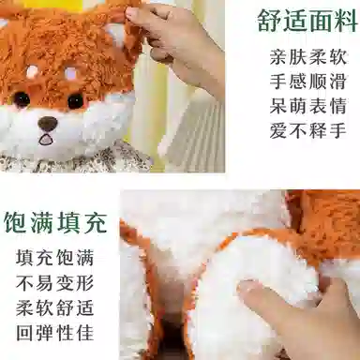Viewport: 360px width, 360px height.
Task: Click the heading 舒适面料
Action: tap(307, 20)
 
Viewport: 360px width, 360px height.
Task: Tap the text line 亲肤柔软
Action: tap(308, 57)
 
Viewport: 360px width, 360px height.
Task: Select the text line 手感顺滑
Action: tap(308, 82)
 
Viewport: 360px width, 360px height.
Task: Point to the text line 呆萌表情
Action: tap(308, 106)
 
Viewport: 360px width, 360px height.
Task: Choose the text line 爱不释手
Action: tap(308, 130)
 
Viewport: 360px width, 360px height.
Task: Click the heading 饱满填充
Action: tap(55, 222)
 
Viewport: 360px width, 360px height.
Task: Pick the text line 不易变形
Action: tap(55, 283)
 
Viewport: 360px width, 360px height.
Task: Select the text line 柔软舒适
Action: tap(55, 307)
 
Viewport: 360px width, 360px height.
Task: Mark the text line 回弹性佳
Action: tap(55, 333)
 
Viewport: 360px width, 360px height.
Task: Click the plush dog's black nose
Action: tap(47, 122)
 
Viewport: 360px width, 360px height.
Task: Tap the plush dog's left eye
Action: tap(22, 98)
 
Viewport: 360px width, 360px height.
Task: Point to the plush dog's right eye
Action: tap(75, 101)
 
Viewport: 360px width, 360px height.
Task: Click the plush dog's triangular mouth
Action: tap(46, 139)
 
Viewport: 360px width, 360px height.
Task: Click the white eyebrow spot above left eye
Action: tap(32, 72)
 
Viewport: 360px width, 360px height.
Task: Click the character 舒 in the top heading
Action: tap(269, 20)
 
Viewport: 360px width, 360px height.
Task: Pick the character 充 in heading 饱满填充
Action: tap(95, 222)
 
